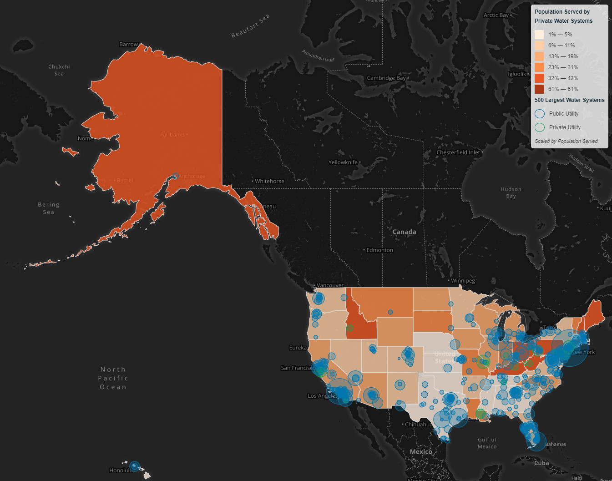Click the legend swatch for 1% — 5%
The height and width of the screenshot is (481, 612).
click(x=539, y=35)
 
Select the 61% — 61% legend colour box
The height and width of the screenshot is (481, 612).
click(x=539, y=89)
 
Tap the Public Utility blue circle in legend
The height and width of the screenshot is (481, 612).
click(x=540, y=114)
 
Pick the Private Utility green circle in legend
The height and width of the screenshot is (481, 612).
click(x=540, y=127)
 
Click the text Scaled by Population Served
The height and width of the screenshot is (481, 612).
click(x=566, y=141)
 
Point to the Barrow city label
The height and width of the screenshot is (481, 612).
click(x=128, y=45)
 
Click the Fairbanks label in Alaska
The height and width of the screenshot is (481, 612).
click(x=172, y=135)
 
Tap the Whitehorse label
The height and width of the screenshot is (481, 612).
click(x=269, y=181)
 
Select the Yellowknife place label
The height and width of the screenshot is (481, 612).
click(x=343, y=162)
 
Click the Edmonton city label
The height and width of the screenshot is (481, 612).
click(x=380, y=250)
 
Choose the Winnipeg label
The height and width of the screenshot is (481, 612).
click(x=463, y=281)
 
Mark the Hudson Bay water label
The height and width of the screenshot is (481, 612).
click(x=511, y=192)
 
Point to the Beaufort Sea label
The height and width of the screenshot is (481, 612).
click(x=250, y=25)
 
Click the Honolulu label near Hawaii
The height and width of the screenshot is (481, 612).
click(x=121, y=471)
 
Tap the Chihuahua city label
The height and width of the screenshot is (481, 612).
click(x=419, y=425)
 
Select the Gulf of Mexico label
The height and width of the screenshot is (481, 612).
click(x=487, y=443)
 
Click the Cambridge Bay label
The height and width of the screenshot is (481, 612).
click(x=386, y=78)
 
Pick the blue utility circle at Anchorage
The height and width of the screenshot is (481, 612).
click(x=176, y=176)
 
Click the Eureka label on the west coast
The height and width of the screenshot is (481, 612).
click(x=298, y=348)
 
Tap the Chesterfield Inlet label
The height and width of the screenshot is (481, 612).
click(x=458, y=152)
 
